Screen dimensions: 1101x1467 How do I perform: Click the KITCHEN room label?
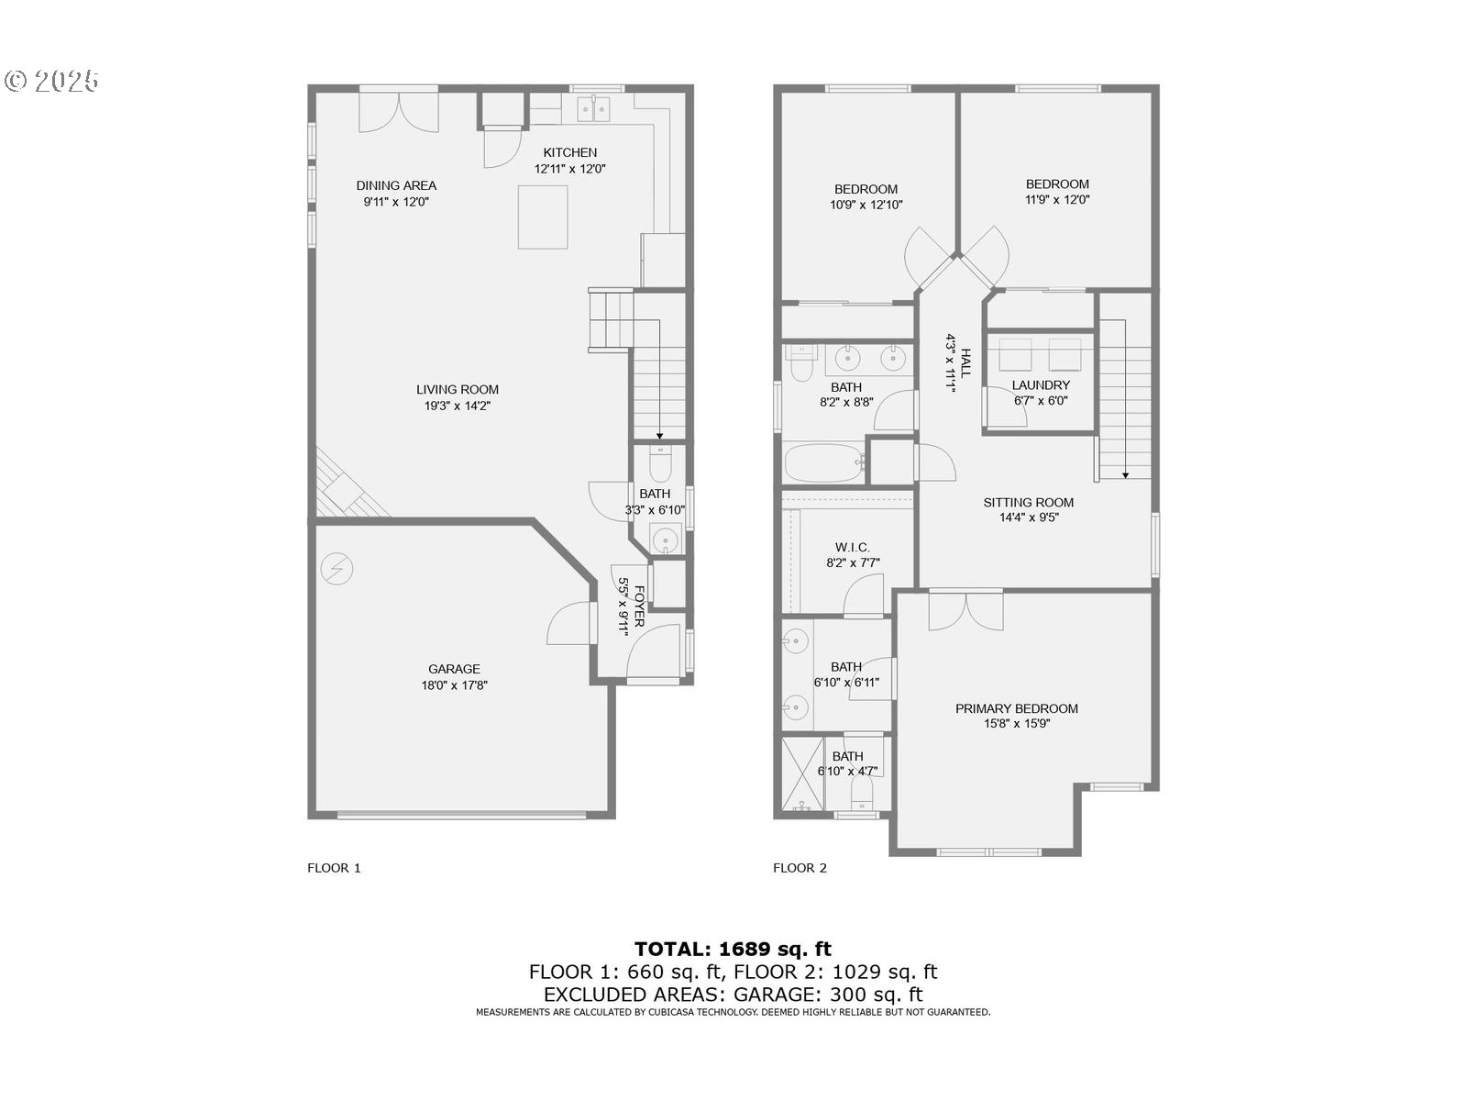[569, 152]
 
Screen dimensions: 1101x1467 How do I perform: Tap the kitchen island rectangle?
[542, 217]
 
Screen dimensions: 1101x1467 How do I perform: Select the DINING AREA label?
[396, 185]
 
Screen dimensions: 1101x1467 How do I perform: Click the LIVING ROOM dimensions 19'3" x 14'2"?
[457, 406]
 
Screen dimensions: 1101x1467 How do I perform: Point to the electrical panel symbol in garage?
[336, 570]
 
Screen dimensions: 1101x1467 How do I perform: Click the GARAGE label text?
[454, 669]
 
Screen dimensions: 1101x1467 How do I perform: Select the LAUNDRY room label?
[1041, 385]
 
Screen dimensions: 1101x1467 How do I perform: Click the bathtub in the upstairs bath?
[824, 463]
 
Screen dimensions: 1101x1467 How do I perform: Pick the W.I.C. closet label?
[852, 548]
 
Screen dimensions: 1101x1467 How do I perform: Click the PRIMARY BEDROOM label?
[1016, 708]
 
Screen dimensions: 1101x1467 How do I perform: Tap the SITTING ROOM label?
[1028, 502]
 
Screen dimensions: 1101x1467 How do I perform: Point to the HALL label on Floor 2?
[965, 362]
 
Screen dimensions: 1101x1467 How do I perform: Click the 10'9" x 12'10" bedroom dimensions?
[866, 206]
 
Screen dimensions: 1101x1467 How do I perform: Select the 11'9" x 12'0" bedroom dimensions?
[1057, 199]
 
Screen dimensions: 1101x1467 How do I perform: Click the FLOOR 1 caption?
[334, 868]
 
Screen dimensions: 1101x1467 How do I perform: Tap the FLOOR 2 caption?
[800, 868]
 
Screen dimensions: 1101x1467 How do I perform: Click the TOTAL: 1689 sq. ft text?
[733, 949]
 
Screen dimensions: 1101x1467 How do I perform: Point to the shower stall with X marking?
[801, 773]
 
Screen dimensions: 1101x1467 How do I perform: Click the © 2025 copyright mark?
[51, 82]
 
